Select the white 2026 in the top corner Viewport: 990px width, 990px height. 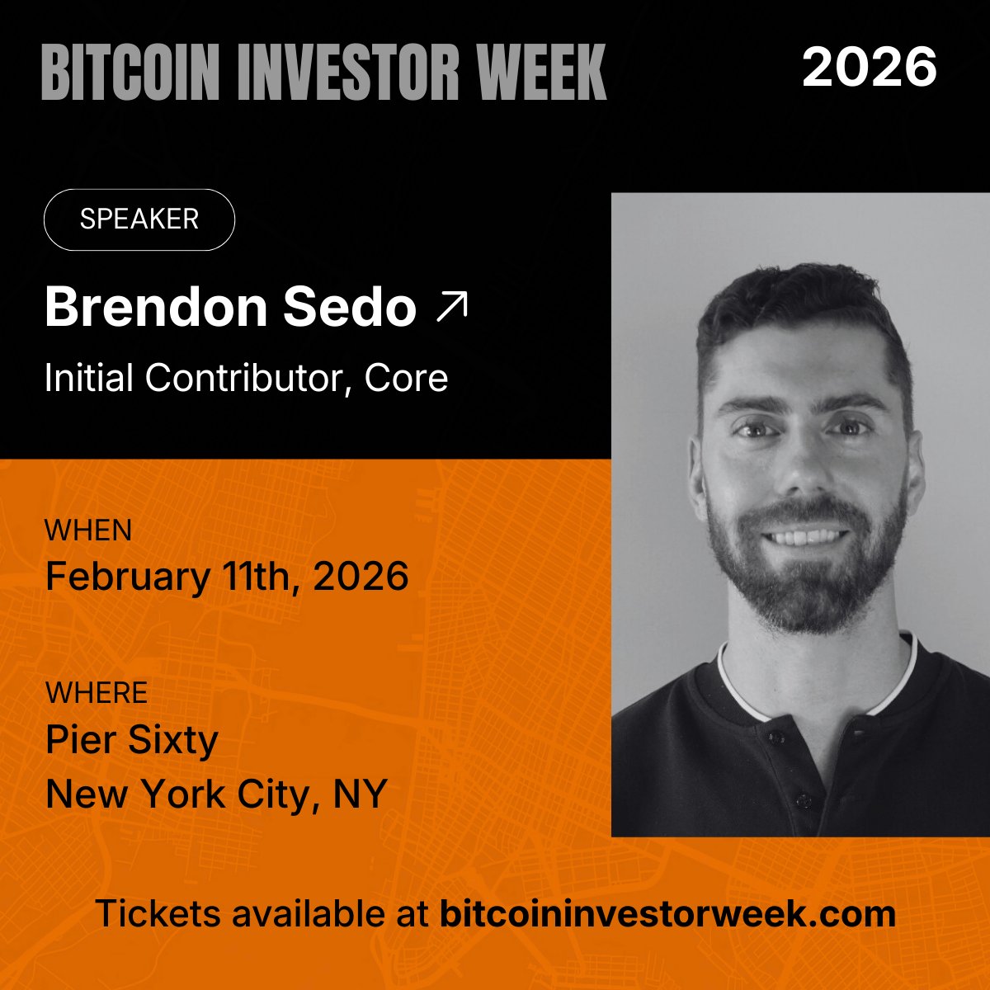click(869, 67)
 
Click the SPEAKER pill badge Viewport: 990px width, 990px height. click(139, 219)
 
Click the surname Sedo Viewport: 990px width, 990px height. click(349, 307)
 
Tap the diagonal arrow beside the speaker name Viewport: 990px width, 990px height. click(451, 306)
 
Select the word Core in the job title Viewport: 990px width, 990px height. click(407, 378)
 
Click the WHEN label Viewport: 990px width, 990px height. click(88, 530)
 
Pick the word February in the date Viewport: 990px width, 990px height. click(127, 576)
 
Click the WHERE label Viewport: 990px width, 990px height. click(97, 692)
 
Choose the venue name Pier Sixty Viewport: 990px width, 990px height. click(132, 739)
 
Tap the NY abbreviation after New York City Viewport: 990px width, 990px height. click(361, 794)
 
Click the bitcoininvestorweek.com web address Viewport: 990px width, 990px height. click(667, 913)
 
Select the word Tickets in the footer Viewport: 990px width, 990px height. click(158, 913)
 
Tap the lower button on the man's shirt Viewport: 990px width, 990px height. click(799, 799)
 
